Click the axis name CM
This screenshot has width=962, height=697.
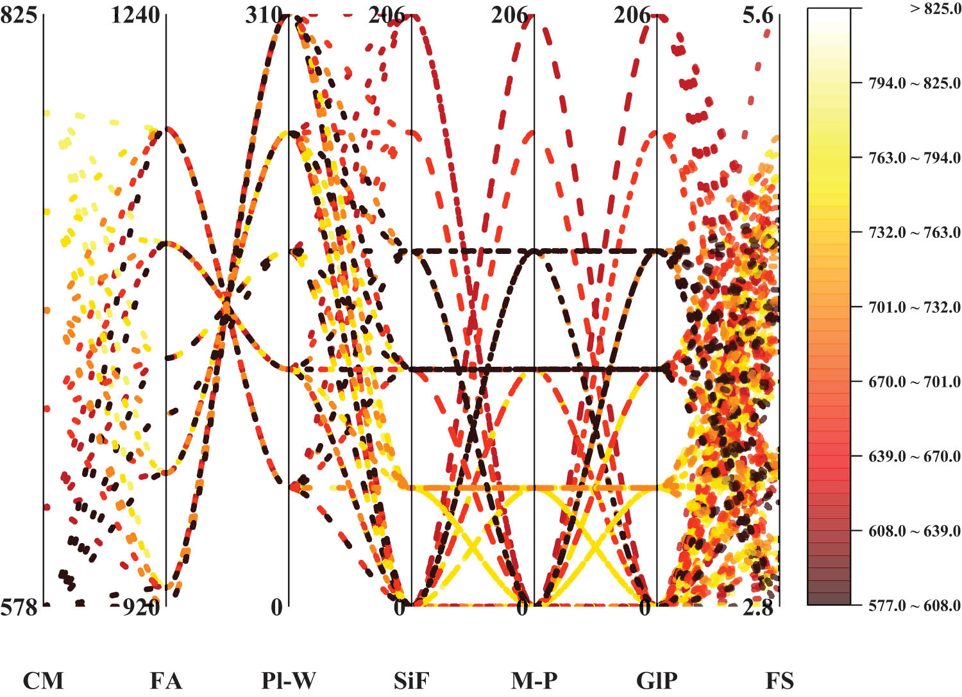[43, 680]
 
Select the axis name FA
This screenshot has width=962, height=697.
[165, 680]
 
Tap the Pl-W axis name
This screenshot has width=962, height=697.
[288, 680]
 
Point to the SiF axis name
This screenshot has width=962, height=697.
[410, 680]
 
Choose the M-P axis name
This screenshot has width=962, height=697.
[534, 680]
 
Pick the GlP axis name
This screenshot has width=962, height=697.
[656, 680]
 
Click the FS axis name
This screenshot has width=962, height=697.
[779, 680]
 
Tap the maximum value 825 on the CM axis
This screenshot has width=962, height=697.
[19, 15]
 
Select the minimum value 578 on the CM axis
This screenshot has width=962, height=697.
[19, 607]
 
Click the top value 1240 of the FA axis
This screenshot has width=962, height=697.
[135, 15]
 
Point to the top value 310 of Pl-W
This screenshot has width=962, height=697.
[264, 15]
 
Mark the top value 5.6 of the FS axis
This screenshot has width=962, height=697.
[758, 15]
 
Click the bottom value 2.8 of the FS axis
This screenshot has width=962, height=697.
[758, 607]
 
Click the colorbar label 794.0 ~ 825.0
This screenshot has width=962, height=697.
[914, 83]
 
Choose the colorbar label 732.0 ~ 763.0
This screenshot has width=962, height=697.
[914, 232]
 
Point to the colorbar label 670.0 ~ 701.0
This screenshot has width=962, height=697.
[914, 382]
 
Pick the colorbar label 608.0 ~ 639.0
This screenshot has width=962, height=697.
[914, 531]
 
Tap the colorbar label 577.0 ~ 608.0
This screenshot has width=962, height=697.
[914, 605]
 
